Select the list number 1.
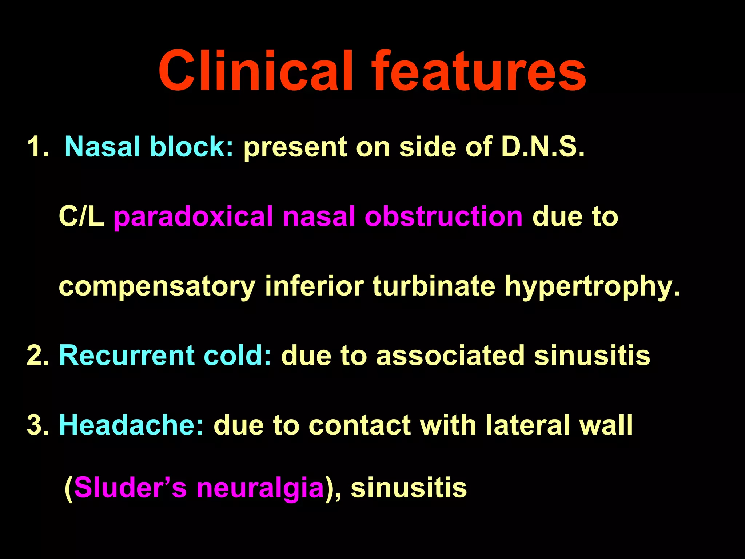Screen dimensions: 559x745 pos(38,147)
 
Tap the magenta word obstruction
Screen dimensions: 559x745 pos(443,217)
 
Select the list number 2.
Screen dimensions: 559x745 pos(38,355)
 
